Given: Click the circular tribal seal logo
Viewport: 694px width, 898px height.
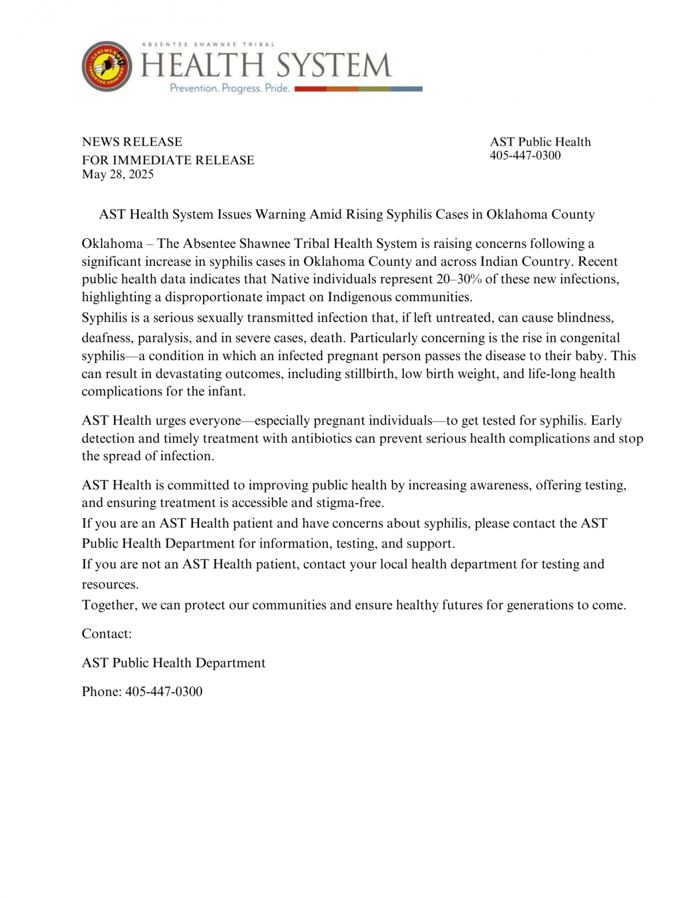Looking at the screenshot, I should coord(106,66).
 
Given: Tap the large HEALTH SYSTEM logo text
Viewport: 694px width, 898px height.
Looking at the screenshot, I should coord(266,65).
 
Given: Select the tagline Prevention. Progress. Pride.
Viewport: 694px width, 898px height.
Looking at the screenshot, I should coord(230,88).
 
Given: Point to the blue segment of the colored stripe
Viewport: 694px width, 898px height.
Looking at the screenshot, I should coord(406,89).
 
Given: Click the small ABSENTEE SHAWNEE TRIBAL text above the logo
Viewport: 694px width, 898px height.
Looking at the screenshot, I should coord(208,45).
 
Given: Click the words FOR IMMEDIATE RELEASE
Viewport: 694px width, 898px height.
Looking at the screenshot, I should coord(168,160).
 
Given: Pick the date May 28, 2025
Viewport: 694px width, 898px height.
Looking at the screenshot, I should coord(117,175).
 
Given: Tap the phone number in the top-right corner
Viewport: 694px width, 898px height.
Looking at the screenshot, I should coord(525,156).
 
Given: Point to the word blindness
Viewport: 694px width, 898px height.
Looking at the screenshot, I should coord(585,318).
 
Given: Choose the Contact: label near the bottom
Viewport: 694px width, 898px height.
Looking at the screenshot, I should coord(106,634).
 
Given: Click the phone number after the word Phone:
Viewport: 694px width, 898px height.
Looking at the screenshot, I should coord(164,692).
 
